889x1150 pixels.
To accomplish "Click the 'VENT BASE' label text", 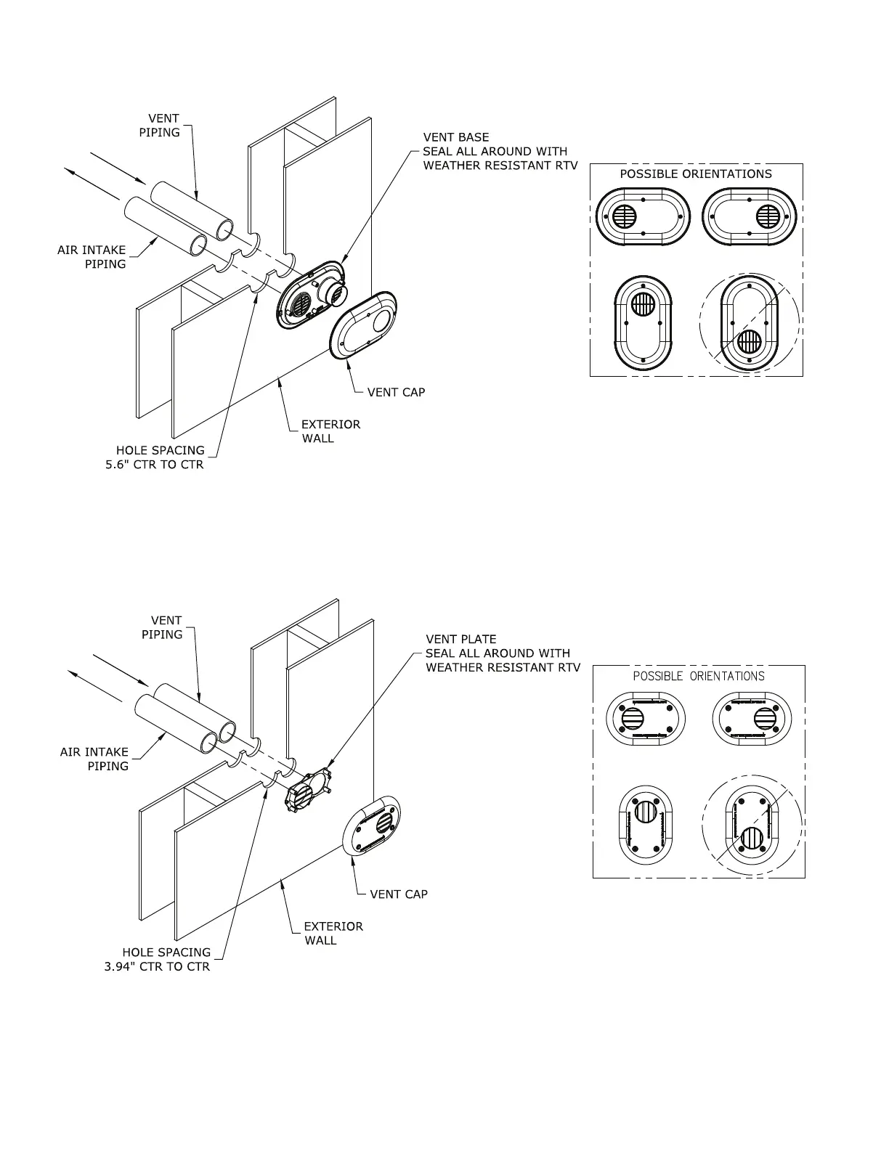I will [x=456, y=137].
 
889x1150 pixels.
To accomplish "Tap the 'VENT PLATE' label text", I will [x=461, y=640].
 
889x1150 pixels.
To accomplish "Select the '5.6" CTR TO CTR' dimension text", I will [x=155, y=465].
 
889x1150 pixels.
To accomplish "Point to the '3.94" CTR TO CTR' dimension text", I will [x=157, y=967].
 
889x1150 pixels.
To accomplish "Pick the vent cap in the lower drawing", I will [x=371, y=827].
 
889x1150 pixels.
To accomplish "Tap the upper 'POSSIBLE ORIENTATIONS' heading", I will [x=695, y=174].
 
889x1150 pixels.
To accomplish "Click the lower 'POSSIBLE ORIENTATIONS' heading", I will [x=698, y=677].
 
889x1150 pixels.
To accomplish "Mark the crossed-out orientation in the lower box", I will [x=752, y=825].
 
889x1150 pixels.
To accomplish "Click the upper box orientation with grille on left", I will [x=642, y=216].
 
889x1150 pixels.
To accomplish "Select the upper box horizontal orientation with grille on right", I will [x=748, y=216].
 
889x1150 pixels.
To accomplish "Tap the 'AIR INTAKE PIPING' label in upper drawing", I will [x=92, y=257].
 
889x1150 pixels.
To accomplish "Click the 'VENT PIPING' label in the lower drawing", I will [x=163, y=627].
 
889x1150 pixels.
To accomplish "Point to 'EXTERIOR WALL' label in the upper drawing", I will [x=331, y=431].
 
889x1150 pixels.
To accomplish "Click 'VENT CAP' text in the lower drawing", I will [x=399, y=894].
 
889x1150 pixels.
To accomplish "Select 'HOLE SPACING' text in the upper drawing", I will [x=161, y=450].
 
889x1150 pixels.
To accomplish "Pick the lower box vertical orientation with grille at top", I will [x=644, y=825].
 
